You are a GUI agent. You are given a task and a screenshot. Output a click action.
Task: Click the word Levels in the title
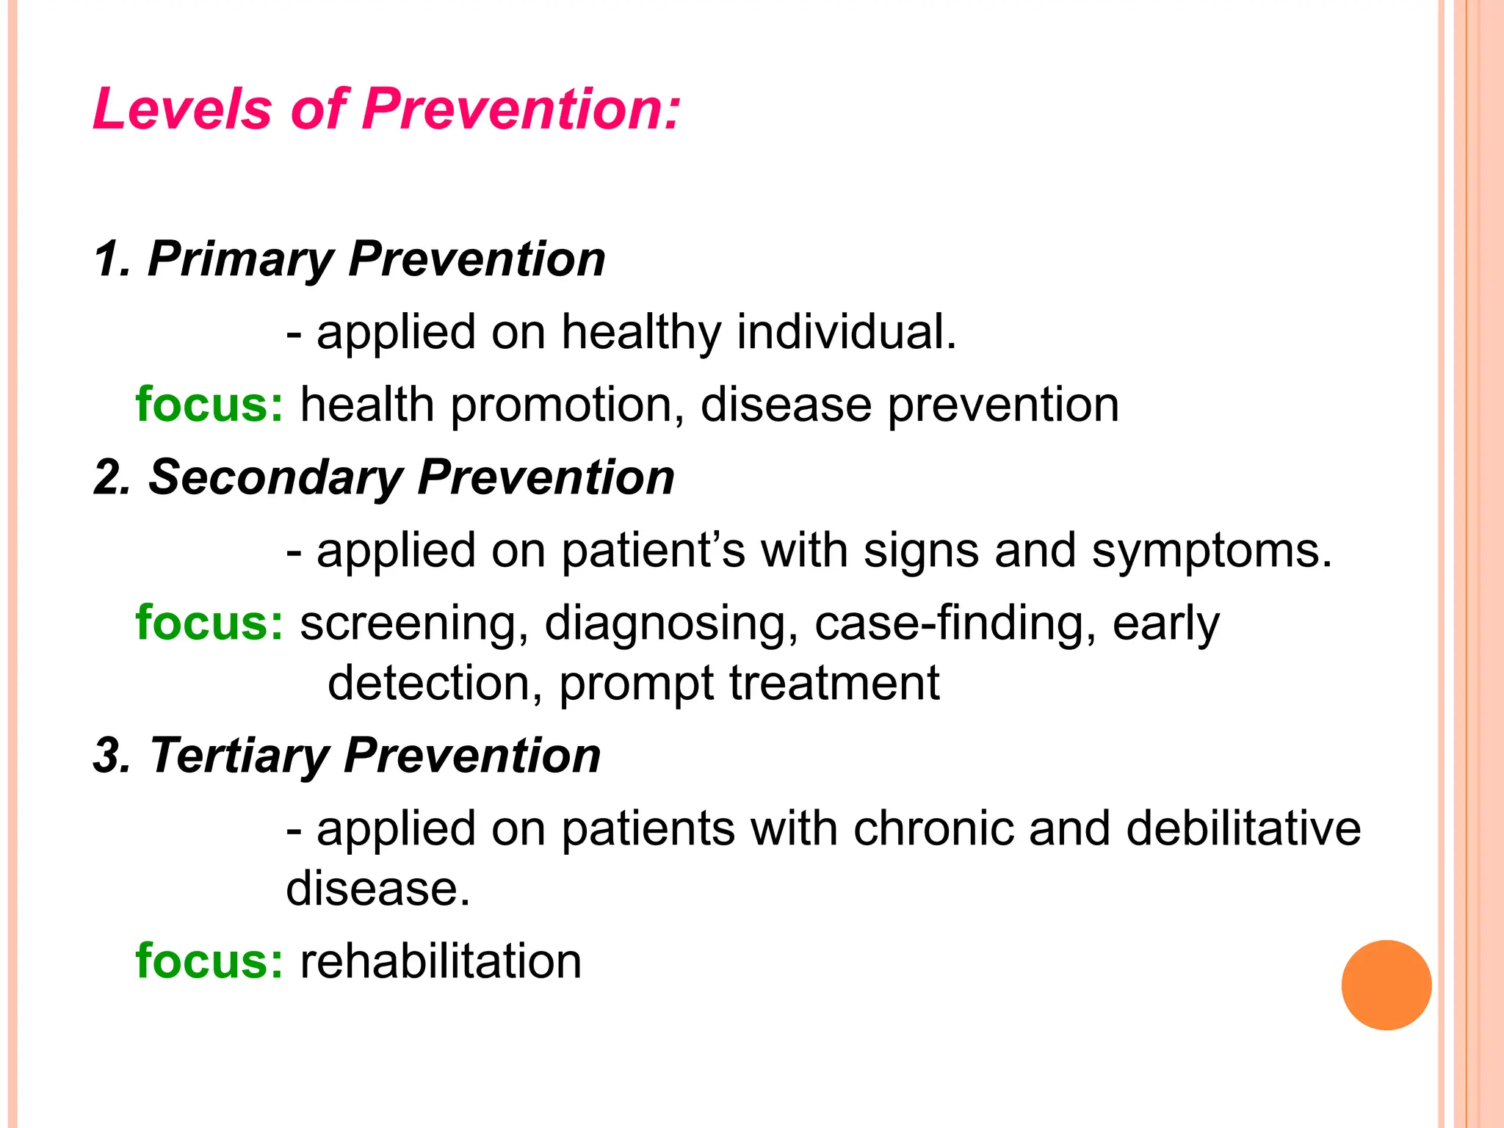[182, 109]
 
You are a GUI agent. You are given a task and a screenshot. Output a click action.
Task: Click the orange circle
[1386, 985]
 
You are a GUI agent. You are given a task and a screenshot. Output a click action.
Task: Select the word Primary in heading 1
[241, 260]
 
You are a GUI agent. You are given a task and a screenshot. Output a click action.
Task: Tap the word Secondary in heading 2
[275, 478]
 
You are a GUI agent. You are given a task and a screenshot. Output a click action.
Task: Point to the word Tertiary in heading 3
[239, 756]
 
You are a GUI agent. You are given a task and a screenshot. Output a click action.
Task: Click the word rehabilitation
[441, 961]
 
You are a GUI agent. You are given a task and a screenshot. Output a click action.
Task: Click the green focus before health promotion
[209, 405]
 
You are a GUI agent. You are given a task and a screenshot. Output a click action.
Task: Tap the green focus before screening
[209, 623]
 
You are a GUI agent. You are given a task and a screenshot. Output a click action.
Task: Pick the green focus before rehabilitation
[209, 961]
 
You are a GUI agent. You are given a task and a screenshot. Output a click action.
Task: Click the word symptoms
[1211, 551]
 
